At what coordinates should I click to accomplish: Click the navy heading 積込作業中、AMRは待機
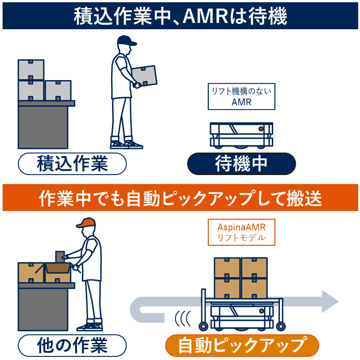(180, 17)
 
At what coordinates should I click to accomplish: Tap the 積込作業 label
(72, 164)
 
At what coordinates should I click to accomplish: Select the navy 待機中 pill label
(241, 164)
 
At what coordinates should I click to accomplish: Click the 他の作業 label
(72, 345)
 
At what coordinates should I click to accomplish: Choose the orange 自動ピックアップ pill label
(242, 346)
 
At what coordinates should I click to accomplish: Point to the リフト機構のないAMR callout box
(241, 97)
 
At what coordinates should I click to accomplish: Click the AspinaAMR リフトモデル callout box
(241, 232)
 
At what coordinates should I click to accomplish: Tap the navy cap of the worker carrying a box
(126, 41)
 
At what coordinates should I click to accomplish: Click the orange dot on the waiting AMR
(261, 129)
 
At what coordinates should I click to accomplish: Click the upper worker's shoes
(126, 144)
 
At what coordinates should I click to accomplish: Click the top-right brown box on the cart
(254, 268)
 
